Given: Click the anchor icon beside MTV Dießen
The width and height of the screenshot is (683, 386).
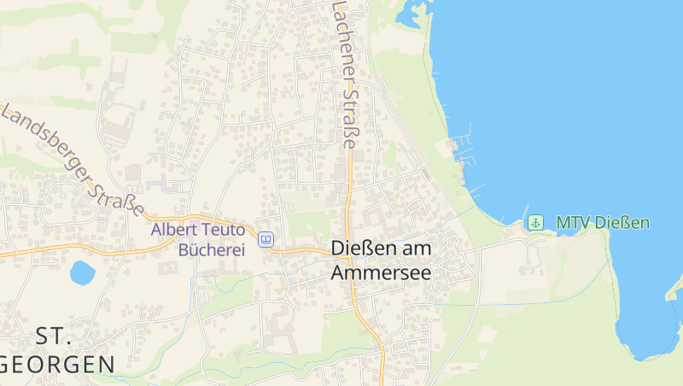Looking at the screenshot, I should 535,223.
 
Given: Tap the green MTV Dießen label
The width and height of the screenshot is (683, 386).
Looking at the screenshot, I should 603,223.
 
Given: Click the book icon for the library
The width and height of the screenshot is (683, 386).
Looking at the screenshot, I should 266,240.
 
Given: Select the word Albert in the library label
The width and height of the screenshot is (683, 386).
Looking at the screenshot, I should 173,229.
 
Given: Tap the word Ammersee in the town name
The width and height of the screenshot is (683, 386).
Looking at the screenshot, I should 381,272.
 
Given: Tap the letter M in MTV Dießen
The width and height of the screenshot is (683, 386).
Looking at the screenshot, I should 563,223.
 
